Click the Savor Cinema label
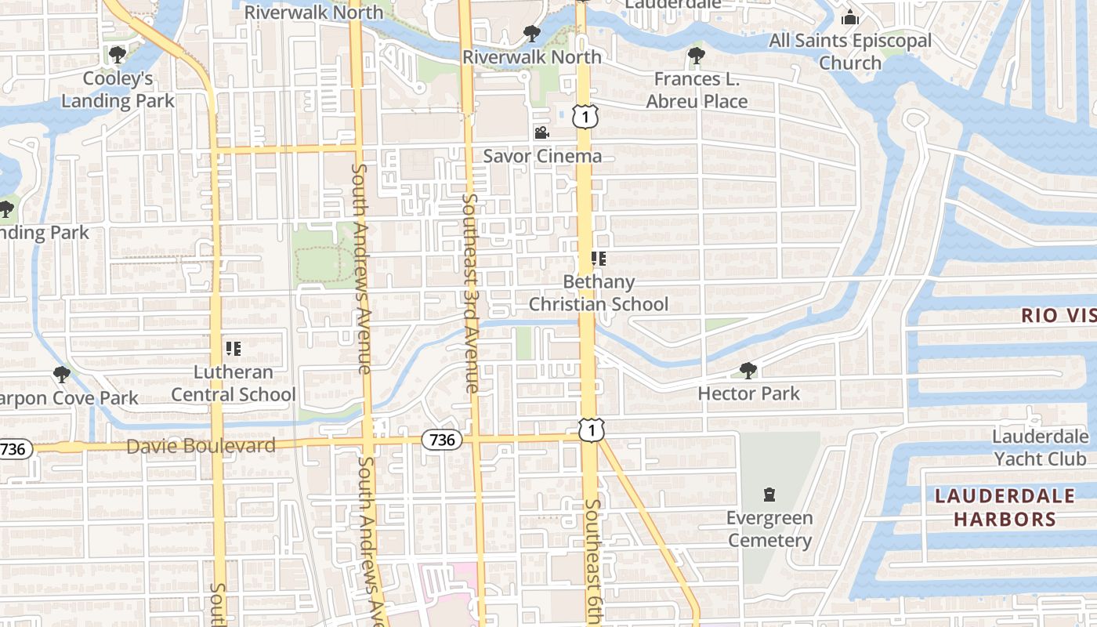(x=542, y=156)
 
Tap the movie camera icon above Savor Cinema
(x=541, y=132)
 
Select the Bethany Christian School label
(x=599, y=293)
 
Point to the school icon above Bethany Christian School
(x=599, y=259)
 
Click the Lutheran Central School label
(x=234, y=383)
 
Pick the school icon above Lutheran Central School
(x=233, y=348)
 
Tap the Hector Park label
(x=748, y=393)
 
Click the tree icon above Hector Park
(x=748, y=370)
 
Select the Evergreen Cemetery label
(x=769, y=529)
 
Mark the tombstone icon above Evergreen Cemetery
(x=769, y=495)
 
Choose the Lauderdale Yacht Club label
(x=1040, y=448)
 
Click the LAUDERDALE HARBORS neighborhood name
(x=1005, y=507)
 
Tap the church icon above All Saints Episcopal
(x=850, y=17)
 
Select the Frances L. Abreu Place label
(x=697, y=90)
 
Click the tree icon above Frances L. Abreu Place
(x=696, y=55)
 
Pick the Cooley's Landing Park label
(x=118, y=89)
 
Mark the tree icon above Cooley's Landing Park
(x=118, y=55)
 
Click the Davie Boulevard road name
(x=201, y=447)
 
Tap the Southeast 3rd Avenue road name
(x=470, y=293)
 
